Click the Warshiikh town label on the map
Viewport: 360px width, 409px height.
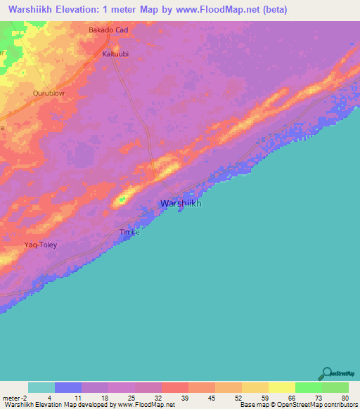181,203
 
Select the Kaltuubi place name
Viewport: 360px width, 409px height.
115,53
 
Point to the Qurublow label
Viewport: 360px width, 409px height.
49,93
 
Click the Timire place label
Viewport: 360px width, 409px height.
129,232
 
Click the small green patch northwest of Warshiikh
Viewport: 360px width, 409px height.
121,200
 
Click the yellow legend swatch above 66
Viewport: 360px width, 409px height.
281,387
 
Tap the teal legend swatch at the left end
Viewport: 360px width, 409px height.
41,387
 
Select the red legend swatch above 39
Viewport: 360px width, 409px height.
174,387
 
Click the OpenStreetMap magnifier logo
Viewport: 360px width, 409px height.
326,372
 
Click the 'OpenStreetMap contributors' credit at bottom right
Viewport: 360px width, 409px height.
315,405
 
